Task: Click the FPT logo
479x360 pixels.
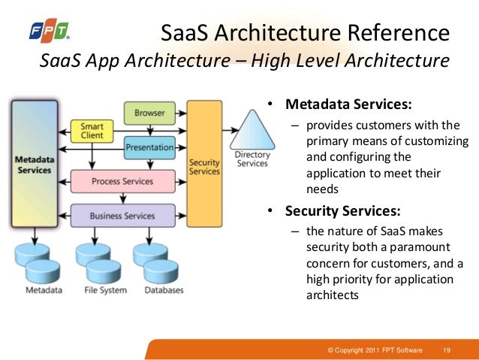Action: (x=49, y=31)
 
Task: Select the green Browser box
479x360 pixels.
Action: (x=149, y=113)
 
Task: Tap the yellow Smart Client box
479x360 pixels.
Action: (x=92, y=132)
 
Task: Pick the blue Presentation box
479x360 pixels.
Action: (x=149, y=147)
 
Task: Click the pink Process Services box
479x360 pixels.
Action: (x=122, y=181)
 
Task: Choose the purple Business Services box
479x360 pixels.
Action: (x=122, y=216)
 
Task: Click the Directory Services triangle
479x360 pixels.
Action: (x=252, y=139)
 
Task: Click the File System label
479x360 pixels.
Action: (x=105, y=290)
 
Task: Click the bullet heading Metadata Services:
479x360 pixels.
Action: (x=348, y=104)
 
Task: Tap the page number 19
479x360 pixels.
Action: (x=447, y=350)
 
